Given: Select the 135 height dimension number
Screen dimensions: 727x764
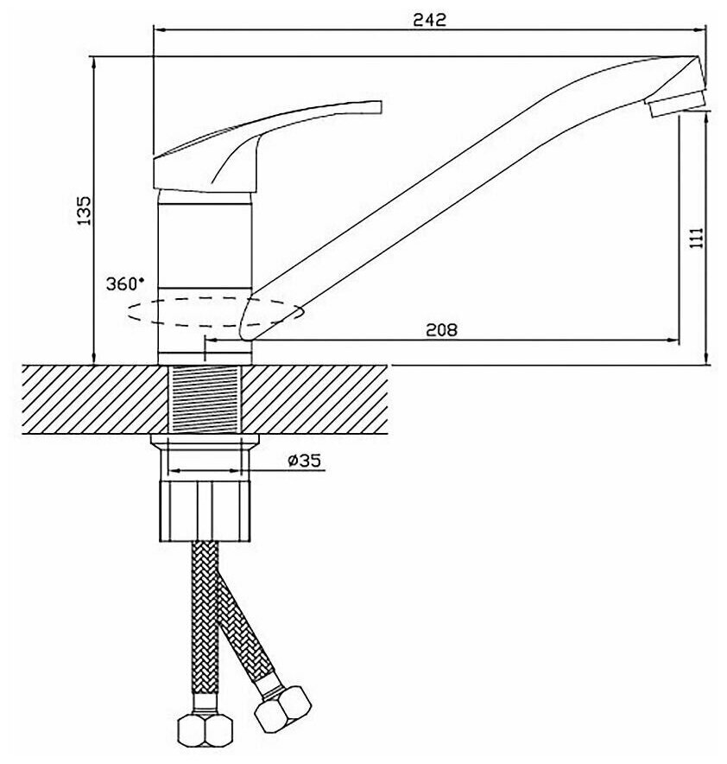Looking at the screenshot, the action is [x=85, y=211].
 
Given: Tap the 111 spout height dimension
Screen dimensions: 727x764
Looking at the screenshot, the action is [x=699, y=237].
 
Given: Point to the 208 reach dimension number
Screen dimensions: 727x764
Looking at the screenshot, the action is [x=440, y=328].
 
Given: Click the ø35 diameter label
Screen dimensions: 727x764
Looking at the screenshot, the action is [x=303, y=461].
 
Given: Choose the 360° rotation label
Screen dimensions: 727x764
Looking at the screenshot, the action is [x=126, y=283].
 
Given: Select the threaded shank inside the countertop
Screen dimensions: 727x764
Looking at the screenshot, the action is [x=205, y=399].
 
